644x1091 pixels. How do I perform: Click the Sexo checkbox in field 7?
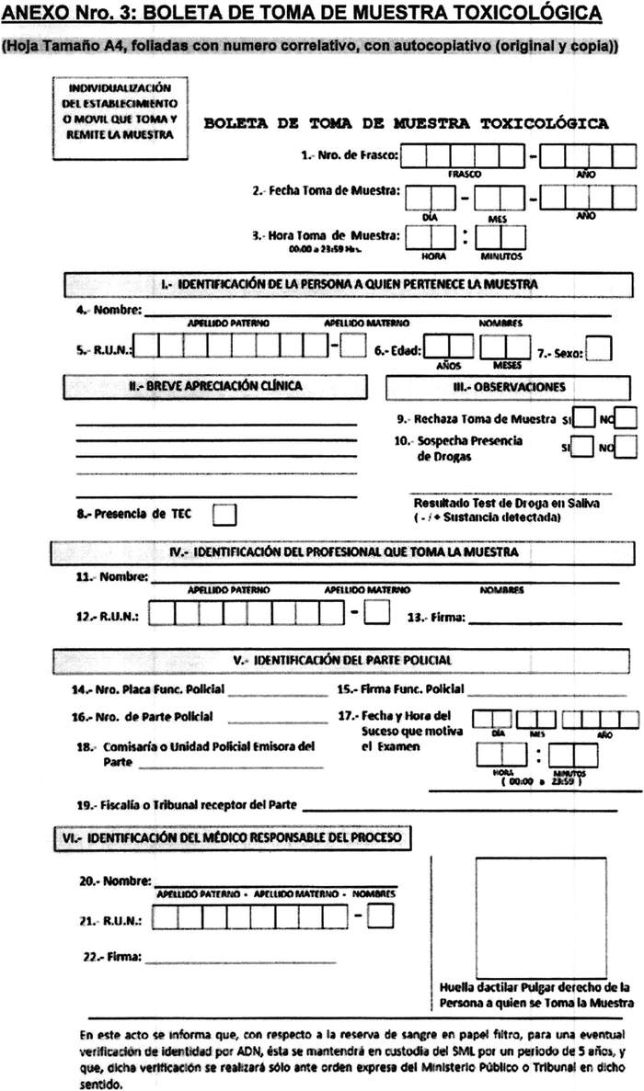600,349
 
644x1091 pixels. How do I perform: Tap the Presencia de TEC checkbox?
224,515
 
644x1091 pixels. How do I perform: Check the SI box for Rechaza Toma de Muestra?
583,419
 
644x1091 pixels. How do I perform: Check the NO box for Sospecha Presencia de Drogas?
627,448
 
